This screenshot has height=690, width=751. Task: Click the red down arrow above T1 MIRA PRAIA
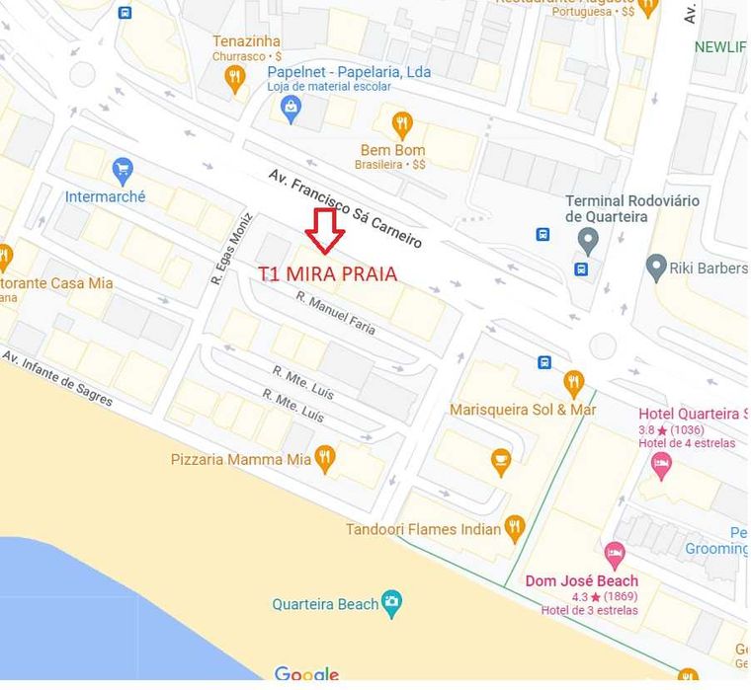324,229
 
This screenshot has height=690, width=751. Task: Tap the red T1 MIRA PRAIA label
328,274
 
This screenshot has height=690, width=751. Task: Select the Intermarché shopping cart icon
123,171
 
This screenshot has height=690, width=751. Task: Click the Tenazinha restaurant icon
234,77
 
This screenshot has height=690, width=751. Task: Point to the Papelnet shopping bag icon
291,109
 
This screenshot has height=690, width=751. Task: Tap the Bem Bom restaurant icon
401,124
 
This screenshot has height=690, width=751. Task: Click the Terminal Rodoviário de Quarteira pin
588,239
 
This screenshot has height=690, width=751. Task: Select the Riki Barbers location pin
655,267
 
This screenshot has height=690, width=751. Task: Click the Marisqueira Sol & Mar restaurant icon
573,382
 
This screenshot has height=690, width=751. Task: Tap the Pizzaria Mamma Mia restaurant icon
325,458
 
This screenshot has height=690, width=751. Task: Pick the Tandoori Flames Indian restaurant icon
514,528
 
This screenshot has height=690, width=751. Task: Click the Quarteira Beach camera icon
392,603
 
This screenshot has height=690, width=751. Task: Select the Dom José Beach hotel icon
615,553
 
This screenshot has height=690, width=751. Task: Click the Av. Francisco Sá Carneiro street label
345,208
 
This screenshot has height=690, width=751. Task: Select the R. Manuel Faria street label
336,313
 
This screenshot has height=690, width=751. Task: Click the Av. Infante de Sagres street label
57,378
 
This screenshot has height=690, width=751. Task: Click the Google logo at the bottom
306,675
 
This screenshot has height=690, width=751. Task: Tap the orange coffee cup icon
502,461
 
